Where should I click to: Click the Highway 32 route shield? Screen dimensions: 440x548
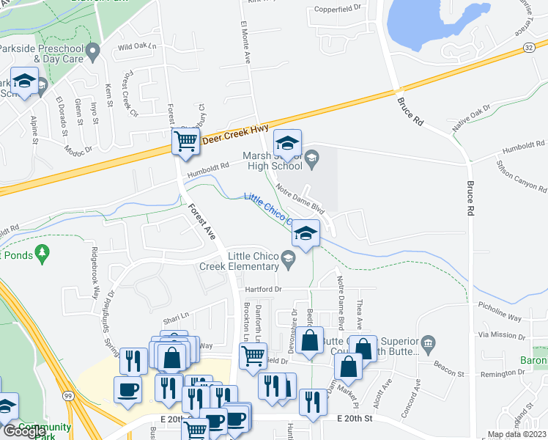pos(528,47)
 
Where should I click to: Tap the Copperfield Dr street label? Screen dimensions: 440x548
pos(338,9)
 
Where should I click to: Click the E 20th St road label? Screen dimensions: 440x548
pos(355,418)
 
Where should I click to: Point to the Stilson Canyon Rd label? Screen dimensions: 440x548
pos(519,176)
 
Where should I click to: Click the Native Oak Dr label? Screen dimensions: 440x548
pos(471,119)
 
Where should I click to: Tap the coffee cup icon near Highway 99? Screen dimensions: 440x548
pos(127,389)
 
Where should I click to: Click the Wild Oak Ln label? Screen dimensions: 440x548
pos(137,47)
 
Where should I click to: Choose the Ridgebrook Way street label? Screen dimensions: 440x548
pos(95,275)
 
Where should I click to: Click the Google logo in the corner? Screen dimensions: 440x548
pos(24,431)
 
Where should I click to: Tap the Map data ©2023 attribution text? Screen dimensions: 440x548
pos(516,434)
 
